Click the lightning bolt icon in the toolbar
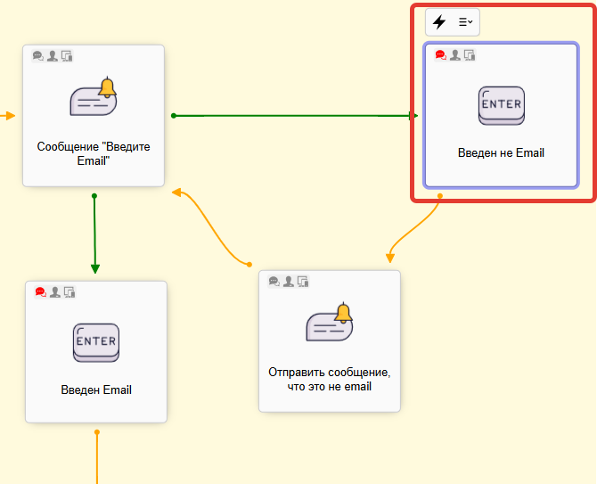(439, 22)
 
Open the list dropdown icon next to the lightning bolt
(465, 22)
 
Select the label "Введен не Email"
(501, 152)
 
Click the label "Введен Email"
(96, 390)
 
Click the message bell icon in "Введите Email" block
(94, 98)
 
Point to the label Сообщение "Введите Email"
(94, 152)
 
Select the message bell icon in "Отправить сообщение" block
(330, 324)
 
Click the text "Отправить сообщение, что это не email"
(330, 379)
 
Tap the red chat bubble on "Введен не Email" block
(440, 54)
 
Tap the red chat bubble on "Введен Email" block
(40, 291)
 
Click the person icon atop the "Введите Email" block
(53, 55)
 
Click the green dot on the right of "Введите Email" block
(174, 115)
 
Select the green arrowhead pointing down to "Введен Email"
(94, 268)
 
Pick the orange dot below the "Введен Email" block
(96, 432)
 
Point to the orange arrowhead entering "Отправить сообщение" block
(389, 258)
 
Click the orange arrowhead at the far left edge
(10, 116)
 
